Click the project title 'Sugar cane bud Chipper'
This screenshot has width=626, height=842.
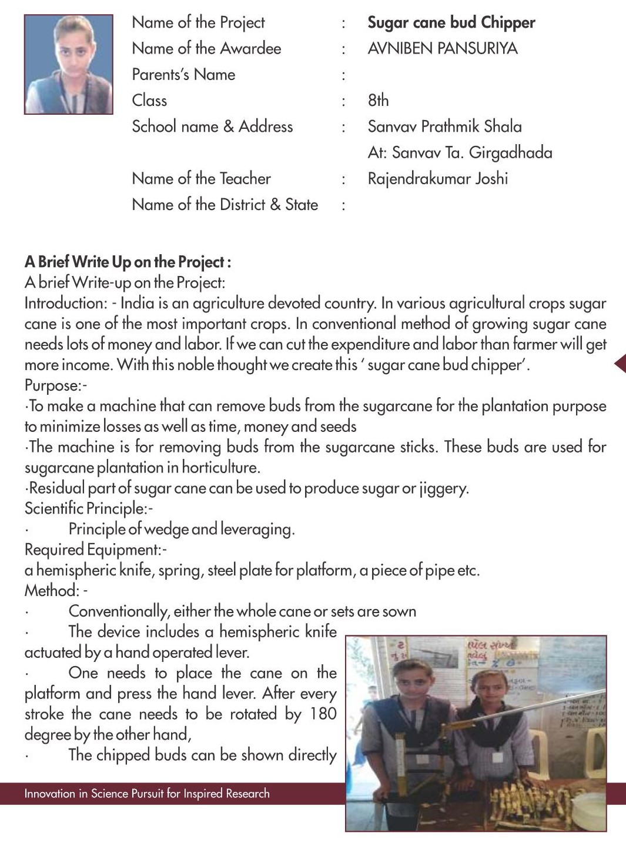tap(451, 23)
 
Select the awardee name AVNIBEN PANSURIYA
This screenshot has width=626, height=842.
tap(442, 49)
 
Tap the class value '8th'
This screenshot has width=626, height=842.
tap(378, 101)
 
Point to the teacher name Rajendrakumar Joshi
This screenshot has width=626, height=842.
tap(437, 179)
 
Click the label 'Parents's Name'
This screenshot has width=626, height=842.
tap(183, 75)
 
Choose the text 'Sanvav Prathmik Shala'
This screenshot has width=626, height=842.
tap(444, 127)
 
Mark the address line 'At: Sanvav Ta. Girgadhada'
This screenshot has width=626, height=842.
tap(460, 153)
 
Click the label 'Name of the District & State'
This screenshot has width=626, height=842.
tap(225, 205)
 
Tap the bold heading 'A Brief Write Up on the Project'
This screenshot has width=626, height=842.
tap(128, 262)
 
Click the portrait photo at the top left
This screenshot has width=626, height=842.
tap(68, 64)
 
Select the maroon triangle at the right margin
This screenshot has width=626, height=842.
tap(620, 364)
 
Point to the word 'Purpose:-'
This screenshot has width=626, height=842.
tap(56, 385)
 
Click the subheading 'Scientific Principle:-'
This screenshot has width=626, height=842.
tap(89, 508)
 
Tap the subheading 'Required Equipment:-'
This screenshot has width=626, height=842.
tap(96, 550)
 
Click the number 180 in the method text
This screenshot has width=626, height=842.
tap(323, 714)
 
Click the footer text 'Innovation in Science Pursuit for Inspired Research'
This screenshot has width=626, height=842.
tap(147, 794)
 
